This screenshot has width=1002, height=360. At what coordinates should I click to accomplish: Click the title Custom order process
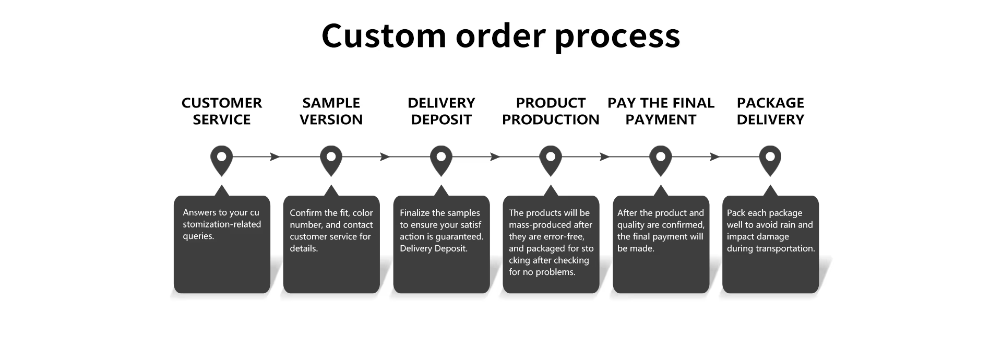pos(500,35)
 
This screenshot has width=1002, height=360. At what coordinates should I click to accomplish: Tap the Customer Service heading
pos(222,111)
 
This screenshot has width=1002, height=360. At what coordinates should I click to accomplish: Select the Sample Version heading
pos(331,111)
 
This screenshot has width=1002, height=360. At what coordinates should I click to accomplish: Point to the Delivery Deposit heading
pos(441,111)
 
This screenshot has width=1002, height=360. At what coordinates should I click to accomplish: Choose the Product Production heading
pos(551,111)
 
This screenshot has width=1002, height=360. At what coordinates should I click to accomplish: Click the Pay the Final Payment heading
pos(661,111)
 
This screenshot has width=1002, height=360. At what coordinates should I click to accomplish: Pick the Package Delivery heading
pos(770,111)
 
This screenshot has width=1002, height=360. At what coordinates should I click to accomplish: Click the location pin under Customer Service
pos(221,159)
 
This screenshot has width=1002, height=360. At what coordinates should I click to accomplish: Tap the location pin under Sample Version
pos(331,159)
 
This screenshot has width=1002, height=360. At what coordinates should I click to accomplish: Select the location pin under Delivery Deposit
pos(441,159)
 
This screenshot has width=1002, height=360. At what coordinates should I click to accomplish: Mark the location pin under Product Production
pos(551,159)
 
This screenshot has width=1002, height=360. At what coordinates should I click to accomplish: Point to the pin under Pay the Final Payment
pos(661,159)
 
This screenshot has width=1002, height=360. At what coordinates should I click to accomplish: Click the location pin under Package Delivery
pos(770,159)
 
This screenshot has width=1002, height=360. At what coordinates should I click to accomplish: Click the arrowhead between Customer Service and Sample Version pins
pos(275,157)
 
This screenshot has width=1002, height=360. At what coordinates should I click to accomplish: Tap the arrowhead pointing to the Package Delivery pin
pos(714,157)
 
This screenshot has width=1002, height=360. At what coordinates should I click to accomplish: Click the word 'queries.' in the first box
pos(198,236)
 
